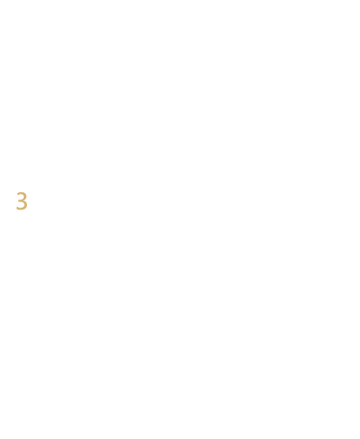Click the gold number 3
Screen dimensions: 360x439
[x=22, y=201]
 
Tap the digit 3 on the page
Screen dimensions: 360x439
[x=22, y=201]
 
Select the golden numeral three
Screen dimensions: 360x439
[x=22, y=201]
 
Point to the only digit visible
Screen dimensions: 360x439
[x=22, y=201]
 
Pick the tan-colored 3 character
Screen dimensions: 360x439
[x=22, y=201]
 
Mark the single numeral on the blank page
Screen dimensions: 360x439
[x=22, y=201]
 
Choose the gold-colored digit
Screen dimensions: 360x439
[x=22, y=201]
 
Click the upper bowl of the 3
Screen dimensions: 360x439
[x=25, y=196]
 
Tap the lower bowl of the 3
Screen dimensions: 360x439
[x=26, y=205]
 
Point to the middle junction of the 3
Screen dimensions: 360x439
[x=21, y=200]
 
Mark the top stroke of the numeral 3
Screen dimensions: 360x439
[x=21, y=193]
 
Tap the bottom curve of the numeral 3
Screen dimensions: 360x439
[x=21, y=209]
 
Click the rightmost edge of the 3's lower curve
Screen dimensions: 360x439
[x=28, y=205]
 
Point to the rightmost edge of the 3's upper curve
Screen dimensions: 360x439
[x=26, y=196]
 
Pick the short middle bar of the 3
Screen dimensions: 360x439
[x=21, y=200]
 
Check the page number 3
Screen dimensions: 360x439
[x=22, y=201]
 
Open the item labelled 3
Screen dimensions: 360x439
[x=22, y=201]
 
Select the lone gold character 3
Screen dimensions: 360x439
[x=22, y=201]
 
